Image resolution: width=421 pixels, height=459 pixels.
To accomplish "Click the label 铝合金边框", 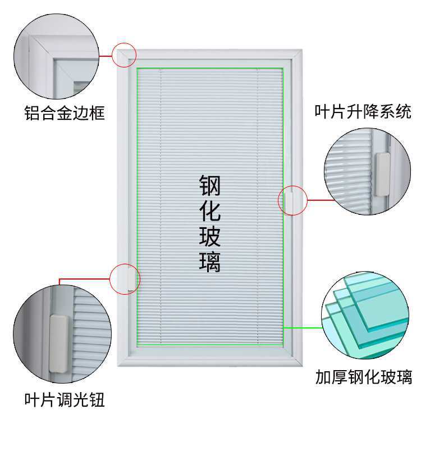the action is (x=65, y=114).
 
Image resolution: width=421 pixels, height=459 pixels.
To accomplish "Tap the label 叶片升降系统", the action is (x=363, y=111).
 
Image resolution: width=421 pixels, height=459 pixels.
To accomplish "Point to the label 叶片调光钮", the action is (x=65, y=400).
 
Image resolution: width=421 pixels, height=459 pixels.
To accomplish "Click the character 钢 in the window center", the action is (x=209, y=186).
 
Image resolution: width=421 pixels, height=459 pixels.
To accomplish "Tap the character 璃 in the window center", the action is (x=209, y=262).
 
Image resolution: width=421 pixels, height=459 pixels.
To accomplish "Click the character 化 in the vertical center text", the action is (x=209, y=211).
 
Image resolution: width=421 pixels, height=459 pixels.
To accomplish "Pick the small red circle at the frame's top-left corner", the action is (x=125, y=55).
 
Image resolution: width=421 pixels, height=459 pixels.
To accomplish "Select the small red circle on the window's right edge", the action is (x=292, y=200).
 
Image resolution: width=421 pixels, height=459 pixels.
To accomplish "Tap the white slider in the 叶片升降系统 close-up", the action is (x=382, y=174).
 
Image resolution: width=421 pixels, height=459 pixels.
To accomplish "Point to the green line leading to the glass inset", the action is (x=303, y=327).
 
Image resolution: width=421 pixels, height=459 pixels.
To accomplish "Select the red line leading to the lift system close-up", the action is (x=320, y=200).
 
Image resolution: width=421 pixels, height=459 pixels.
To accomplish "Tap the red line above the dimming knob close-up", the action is (x=84, y=278).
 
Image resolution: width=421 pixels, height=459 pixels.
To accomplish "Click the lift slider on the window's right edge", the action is (x=287, y=200).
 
